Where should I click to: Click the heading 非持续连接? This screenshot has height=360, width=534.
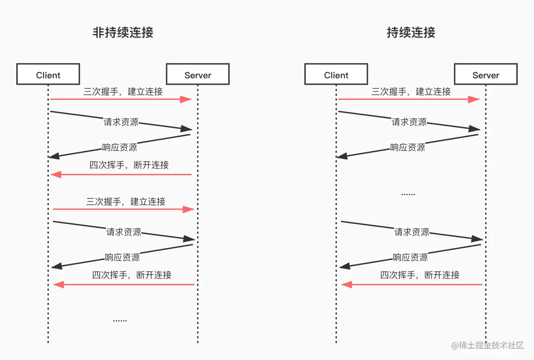coord(123,33)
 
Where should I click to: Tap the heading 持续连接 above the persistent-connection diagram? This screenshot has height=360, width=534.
coord(411,33)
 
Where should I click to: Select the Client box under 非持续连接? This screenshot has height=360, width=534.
coord(48,74)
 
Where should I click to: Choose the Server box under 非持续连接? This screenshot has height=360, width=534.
coord(197,74)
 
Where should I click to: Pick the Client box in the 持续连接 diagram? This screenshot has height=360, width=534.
coord(336,74)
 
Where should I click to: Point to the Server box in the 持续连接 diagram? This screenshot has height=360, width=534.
coord(486,74)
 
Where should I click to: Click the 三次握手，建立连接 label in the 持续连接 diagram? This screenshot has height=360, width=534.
coord(411,91)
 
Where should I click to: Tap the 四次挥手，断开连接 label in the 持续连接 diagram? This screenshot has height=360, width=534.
coord(420,275)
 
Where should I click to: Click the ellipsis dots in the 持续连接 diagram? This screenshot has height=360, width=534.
coord(408,194)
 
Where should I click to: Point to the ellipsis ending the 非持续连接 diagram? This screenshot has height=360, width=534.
coord(120,320)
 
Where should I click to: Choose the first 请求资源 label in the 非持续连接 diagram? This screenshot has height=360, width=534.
coord(121,122)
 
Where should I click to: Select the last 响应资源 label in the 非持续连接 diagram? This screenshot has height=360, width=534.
coord(122,257)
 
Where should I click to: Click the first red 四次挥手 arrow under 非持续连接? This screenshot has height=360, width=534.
coord(121,174)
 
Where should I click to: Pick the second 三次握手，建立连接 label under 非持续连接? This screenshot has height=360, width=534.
coord(125,202)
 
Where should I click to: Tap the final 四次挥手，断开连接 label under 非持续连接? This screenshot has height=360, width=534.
coord(132,275)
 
